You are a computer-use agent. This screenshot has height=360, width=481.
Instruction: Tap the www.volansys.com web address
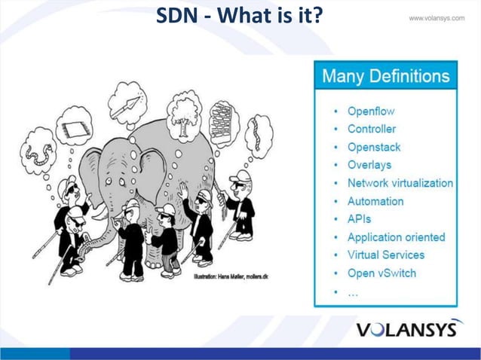[x=437, y=17]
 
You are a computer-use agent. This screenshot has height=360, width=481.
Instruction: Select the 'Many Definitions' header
[x=385, y=76]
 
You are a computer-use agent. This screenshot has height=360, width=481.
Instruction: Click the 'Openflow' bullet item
[x=370, y=111]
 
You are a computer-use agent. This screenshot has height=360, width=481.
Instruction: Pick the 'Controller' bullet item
[x=371, y=129]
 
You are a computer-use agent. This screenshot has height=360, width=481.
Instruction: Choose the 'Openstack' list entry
[x=373, y=147]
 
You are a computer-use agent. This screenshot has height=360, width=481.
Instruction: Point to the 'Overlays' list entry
[x=369, y=165]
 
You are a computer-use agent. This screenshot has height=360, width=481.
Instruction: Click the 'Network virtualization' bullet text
[x=400, y=183]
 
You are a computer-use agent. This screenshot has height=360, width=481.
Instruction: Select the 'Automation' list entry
[x=375, y=201]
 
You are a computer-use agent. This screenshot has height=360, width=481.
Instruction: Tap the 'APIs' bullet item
[x=359, y=219]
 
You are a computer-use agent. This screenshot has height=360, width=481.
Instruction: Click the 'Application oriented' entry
[x=396, y=237]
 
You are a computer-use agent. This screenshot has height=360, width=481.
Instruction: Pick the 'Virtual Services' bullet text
[x=385, y=255]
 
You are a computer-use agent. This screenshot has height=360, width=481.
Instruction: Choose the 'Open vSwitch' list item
[x=381, y=273]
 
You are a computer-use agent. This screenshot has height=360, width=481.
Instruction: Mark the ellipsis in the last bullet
[x=352, y=291]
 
